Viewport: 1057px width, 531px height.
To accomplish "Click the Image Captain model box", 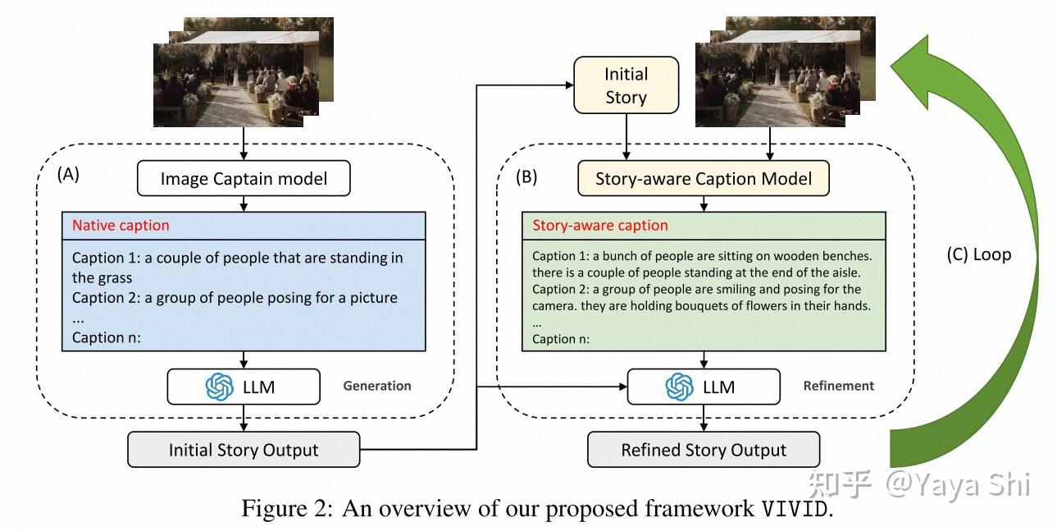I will pos(244,178).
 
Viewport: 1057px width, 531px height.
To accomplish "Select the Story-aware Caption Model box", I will pos(704,178).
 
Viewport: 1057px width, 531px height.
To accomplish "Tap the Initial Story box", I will pos(626,85).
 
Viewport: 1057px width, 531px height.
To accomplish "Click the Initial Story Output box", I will pos(244,450).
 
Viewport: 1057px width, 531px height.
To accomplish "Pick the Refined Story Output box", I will pos(704,450).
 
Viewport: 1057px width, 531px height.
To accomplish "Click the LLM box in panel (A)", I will pos(244,387).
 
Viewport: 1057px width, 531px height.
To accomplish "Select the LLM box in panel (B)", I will pos(704,387).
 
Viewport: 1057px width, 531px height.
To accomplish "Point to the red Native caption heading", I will pos(121,225).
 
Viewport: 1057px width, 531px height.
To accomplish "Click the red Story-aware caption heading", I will pos(600,225).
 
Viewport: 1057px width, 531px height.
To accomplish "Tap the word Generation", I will pos(377,386).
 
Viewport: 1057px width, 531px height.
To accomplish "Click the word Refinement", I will pos(839,386).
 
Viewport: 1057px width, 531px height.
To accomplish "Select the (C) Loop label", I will pos(978,254).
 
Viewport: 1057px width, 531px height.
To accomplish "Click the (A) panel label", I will pos(69,174).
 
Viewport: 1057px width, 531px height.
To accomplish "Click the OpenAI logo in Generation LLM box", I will pos(219,387).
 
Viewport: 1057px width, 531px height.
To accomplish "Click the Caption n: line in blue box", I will pos(107,336).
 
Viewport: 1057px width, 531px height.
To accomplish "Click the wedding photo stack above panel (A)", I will pos(238,74).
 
